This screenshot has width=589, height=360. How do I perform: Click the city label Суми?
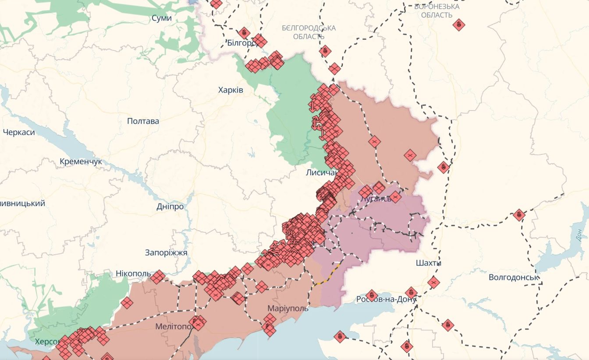pos(161,18)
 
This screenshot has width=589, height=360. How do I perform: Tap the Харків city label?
pos(231,90)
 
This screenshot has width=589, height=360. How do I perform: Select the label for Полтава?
pos(143,121)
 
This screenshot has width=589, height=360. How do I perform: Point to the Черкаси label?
pos(18,132)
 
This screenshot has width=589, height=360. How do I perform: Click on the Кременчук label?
pos(81,161)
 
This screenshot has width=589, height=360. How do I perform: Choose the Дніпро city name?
pos(170,207)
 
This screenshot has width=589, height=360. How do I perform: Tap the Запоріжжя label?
pos(166,253)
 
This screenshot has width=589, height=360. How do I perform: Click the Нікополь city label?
pos(133,274)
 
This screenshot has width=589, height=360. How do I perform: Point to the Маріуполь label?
pos(288,308)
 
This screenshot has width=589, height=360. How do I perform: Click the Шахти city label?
pos(428,263)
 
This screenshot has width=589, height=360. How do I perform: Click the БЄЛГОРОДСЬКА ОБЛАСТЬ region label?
pos(309,32)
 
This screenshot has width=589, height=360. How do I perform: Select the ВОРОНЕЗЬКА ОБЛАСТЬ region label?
pos(436,11)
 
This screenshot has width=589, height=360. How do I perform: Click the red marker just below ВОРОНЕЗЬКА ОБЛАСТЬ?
pos(459,25)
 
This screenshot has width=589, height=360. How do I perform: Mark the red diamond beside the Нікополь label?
pos(158,277)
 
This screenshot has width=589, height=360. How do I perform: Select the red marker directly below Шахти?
pos(433,282)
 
